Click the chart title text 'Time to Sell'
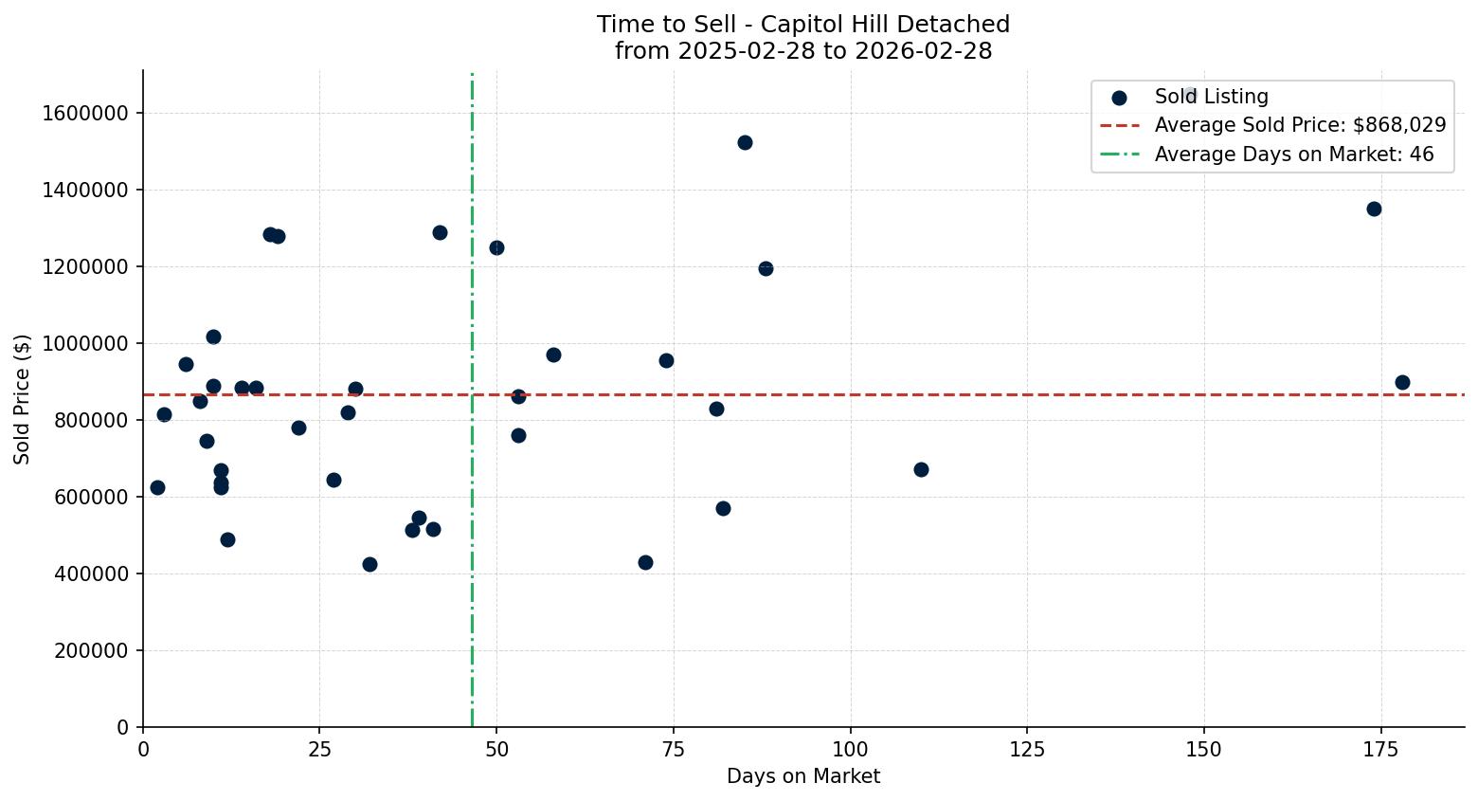(802, 25)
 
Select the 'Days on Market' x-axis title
(802, 776)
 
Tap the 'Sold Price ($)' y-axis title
(23, 399)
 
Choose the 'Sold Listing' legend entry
(1210, 97)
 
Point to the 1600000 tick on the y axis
(85, 113)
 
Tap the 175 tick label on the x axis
(1380, 750)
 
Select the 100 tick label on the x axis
(850, 750)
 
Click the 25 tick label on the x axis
(319, 750)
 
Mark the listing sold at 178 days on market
(1402, 382)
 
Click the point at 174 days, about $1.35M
(1374, 209)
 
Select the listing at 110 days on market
(921, 469)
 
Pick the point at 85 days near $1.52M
(745, 142)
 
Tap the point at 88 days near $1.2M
(766, 268)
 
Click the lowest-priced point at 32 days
(369, 564)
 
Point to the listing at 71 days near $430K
(645, 562)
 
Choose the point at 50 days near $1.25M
(496, 247)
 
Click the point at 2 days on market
(157, 487)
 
